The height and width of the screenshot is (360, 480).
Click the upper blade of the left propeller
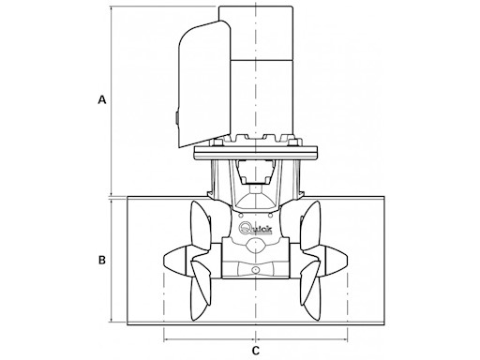click(200, 226)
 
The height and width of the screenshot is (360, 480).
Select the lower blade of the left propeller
click(199, 296)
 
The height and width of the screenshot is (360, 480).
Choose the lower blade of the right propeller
click(311, 296)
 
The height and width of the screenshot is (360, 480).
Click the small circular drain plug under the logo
click(255, 272)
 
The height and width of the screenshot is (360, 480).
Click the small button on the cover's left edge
click(175, 117)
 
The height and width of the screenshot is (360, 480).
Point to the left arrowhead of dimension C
click(167, 336)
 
